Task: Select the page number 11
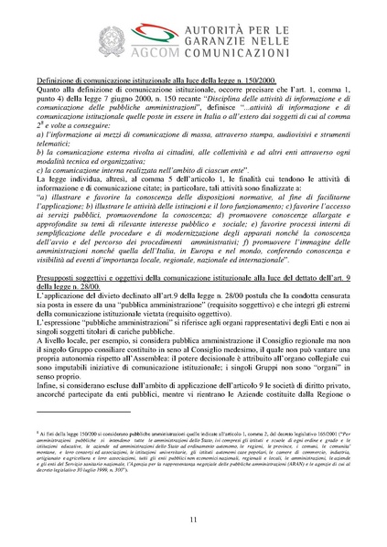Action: (192, 520)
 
